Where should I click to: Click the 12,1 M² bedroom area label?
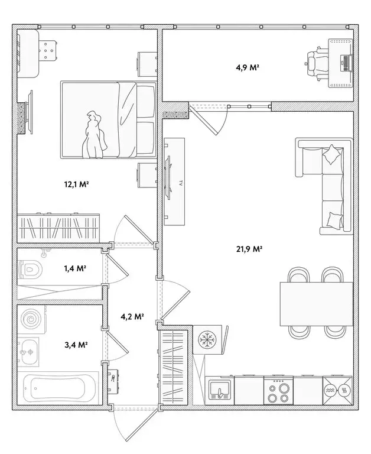pyautogui.click(x=76, y=184)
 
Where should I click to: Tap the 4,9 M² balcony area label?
pyautogui.click(x=248, y=68)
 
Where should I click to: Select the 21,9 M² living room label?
pyautogui.click(x=249, y=249)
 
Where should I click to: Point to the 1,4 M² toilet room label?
pyautogui.click(x=75, y=268)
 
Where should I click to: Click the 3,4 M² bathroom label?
pyautogui.click(x=76, y=345)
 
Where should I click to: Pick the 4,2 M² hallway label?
pyautogui.click(x=132, y=317)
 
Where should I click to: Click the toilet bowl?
pyautogui.click(x=30, y=270)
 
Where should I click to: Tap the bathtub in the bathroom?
pyautogui.click(x=58, y=388)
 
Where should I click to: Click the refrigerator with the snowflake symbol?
pyautogui.click(x=207, y=340)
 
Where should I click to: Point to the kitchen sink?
pyautogui.click(x=220, y=391)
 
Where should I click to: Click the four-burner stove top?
pyautogui.click(x=278, y=391)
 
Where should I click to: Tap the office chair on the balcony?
pyautogui.click(x=317, y=63)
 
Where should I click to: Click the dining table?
pyautogui.click(x=316, y=304)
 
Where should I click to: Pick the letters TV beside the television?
pyautogui.click(x=181, y=183)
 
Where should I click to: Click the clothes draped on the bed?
pyautogui.click(x=94, y=135)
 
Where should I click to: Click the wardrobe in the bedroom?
pyautogui.click(x=58, y=228)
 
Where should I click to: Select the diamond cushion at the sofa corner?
pyautogui.click(x=332, y=154)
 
